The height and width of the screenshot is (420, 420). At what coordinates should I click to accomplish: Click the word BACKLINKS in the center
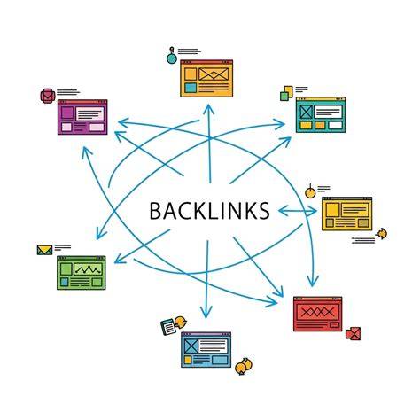[209, 211]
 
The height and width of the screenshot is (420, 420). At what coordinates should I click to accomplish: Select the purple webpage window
[82, 117]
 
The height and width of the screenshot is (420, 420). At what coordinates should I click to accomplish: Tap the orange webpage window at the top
[206, 79]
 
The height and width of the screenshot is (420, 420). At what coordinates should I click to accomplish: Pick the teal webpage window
[321, 114]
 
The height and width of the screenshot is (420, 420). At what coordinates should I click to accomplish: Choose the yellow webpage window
[346, 214]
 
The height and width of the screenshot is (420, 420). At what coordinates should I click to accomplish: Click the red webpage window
[317, 314]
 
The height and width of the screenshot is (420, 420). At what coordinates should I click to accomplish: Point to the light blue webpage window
[206, 350]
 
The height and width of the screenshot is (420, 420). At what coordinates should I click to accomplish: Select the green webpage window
[82, 273]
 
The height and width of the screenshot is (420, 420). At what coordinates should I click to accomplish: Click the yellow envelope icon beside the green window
[44, 250]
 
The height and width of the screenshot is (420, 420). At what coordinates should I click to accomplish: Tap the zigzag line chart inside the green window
[88, 269]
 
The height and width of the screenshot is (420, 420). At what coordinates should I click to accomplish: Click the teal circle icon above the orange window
[172, 58]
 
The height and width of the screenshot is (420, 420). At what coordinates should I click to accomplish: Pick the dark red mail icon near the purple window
[48, 96]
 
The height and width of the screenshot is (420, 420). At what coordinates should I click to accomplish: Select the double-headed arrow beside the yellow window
[298, 211]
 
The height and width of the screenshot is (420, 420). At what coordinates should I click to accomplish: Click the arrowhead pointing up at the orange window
[209, 109]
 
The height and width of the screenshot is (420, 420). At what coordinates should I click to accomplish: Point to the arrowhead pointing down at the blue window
[206, 313]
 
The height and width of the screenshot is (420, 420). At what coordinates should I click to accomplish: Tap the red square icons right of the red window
[354, 334]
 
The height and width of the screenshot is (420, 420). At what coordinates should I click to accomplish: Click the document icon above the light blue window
[168, 327]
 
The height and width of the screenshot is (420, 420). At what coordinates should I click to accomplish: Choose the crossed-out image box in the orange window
[214, 74]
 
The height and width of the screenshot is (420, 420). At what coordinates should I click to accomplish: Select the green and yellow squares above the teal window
[286, 93]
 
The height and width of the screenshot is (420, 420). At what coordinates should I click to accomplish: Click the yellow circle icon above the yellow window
[310, 192]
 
